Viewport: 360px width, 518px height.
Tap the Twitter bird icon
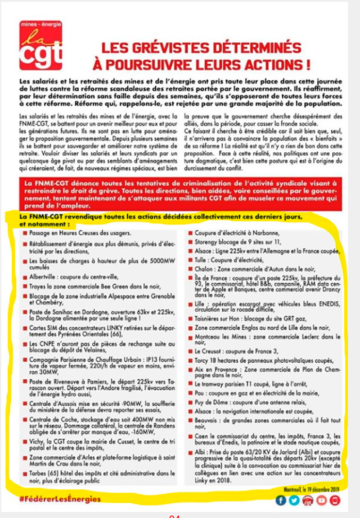point(294,500)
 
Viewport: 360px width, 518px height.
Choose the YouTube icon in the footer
point(322,500)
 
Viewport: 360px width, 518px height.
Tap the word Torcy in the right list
point(202,360)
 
